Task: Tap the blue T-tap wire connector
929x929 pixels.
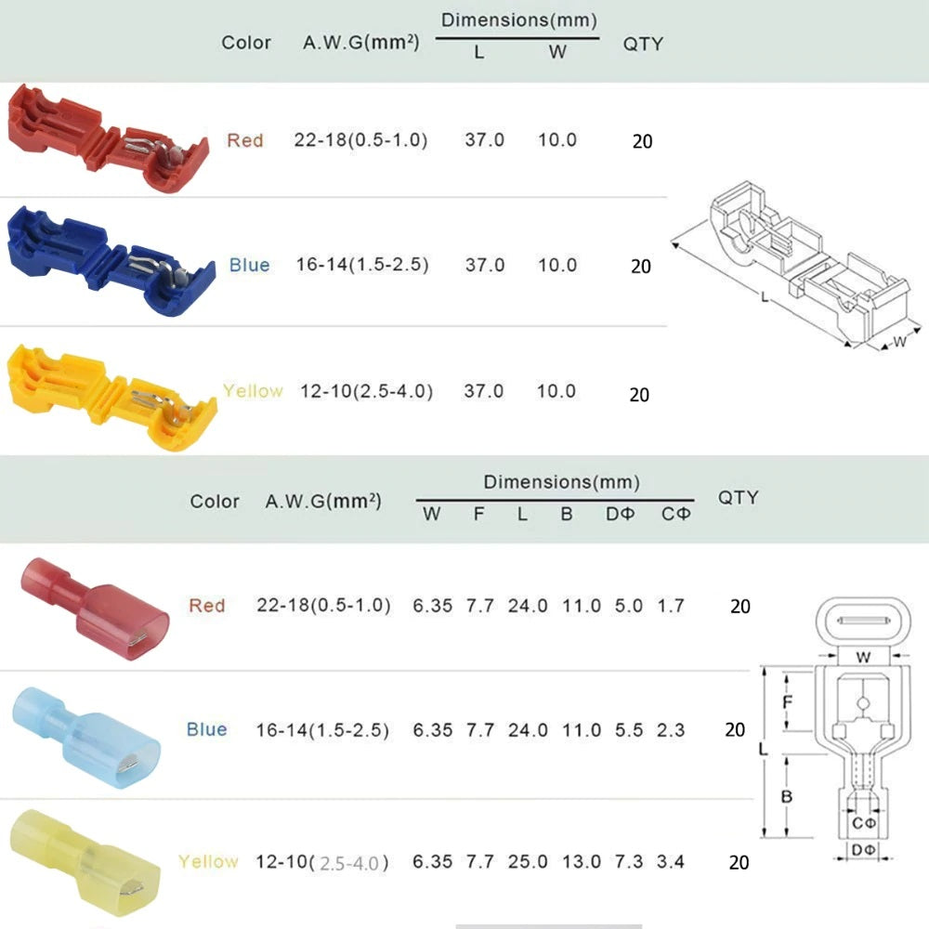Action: [111, 261]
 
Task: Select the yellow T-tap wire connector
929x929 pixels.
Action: [111, 397]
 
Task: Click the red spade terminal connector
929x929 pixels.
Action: [95, 608]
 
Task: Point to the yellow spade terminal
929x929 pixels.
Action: [85, 863]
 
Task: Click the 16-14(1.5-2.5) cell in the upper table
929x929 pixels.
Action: [362, 264]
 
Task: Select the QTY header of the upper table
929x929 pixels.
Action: [643, 44]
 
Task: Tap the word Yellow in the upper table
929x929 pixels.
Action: [253, 391]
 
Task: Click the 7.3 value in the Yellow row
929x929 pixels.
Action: [629, 861]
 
